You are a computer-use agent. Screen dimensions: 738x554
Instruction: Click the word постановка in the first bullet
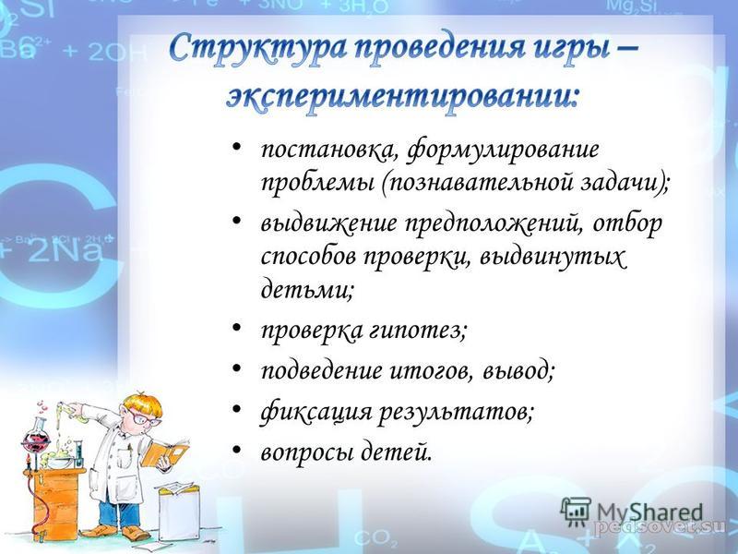tap(327, 151)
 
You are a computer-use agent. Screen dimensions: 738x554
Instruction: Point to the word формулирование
tap(503, 151)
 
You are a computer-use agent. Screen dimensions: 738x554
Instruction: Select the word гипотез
tap(418, 331)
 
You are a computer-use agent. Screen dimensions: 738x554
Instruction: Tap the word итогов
tap(431, 370)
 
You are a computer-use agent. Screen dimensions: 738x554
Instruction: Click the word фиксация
tap(315, 412)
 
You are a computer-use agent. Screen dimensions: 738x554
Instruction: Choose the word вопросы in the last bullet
tap(307, 453)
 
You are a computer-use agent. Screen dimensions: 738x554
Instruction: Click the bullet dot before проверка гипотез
tap(237, 327)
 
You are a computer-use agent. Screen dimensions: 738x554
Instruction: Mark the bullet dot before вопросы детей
tap(237, 450)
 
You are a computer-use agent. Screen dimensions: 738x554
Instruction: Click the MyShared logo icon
tap(576, 512)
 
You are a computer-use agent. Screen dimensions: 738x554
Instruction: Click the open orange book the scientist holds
tap(165, 452)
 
